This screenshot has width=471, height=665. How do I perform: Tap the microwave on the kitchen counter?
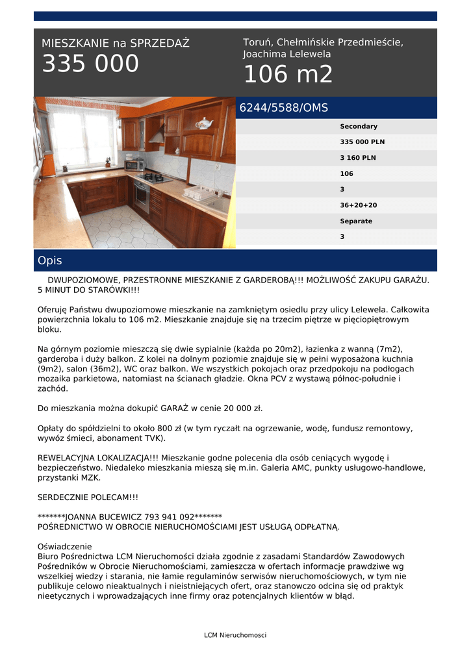pyautogui.click(x=134, y=165)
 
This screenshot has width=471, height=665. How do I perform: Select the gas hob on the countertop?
pyautogui.click(x=154, y=177)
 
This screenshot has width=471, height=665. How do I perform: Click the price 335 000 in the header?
pyautogui.click(x=90, y=64)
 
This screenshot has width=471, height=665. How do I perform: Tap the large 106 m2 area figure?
pyautogui.click(x=288, y=75)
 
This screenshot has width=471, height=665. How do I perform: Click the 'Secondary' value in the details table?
pyautogui.click(x=359, y=127)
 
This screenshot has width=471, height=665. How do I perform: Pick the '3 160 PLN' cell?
pyautogui.click(x=358, y=158)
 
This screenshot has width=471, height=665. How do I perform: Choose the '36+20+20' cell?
pyautogui.click(x=359, y=205)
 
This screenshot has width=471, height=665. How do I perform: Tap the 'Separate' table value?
pyautogui.click(x=356, y=221)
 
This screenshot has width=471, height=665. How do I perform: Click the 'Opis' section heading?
pyautogui.click(x=50, y=260)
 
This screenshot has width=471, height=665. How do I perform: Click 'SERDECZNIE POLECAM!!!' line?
pyautogui.click(x=88, y=497)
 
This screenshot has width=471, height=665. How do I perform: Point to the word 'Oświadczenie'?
pyautogui.click(x=65, y=546)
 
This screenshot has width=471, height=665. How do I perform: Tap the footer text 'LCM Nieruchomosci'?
pyautogui.click(x=235, y=635)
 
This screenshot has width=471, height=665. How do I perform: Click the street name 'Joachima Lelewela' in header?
pyautogui.click(x=287, y=55)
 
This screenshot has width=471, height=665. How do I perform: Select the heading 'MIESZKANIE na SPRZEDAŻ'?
pyautogui.click(x=116, y=44)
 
